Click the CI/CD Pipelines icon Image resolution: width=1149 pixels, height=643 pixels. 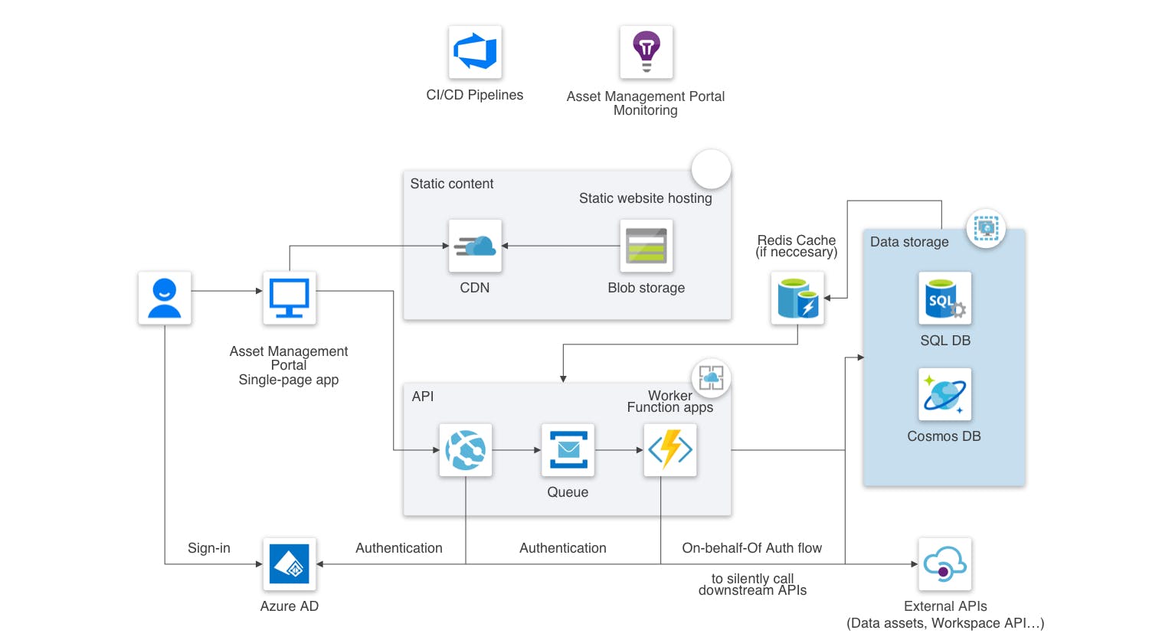tap(475, 52)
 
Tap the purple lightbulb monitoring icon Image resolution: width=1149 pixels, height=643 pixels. tap(647, 52)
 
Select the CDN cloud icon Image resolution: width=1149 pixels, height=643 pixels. tap(475, 246)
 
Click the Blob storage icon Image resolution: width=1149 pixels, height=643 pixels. tap(647, 246)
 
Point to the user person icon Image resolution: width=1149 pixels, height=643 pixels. tap(165, 298)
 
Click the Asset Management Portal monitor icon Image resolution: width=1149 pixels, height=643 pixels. tap(290, 298)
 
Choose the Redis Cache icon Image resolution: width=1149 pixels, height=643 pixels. tap(797, 298)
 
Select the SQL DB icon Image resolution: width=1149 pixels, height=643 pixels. tap(944, 299)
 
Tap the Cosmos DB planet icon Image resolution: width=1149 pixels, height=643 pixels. tap(944, 394)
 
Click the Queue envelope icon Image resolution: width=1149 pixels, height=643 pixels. tap(568, 450)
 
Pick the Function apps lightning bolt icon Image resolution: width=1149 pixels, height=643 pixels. tap(670, 450)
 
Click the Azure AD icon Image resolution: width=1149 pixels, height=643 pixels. tap(290, 564)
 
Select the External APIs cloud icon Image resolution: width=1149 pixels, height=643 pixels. tap(944, 564)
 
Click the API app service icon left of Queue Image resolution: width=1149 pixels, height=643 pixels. tap(466, 450)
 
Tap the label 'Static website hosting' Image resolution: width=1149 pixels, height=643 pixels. tap(645, 198)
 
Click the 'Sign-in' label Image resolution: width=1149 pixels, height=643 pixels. tap(208, 548)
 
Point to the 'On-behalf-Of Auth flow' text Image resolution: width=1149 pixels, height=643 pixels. tap(751, 548)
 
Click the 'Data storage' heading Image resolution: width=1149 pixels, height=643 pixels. tap(909, 242)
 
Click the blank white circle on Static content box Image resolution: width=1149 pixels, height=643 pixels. tap(711, 169)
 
